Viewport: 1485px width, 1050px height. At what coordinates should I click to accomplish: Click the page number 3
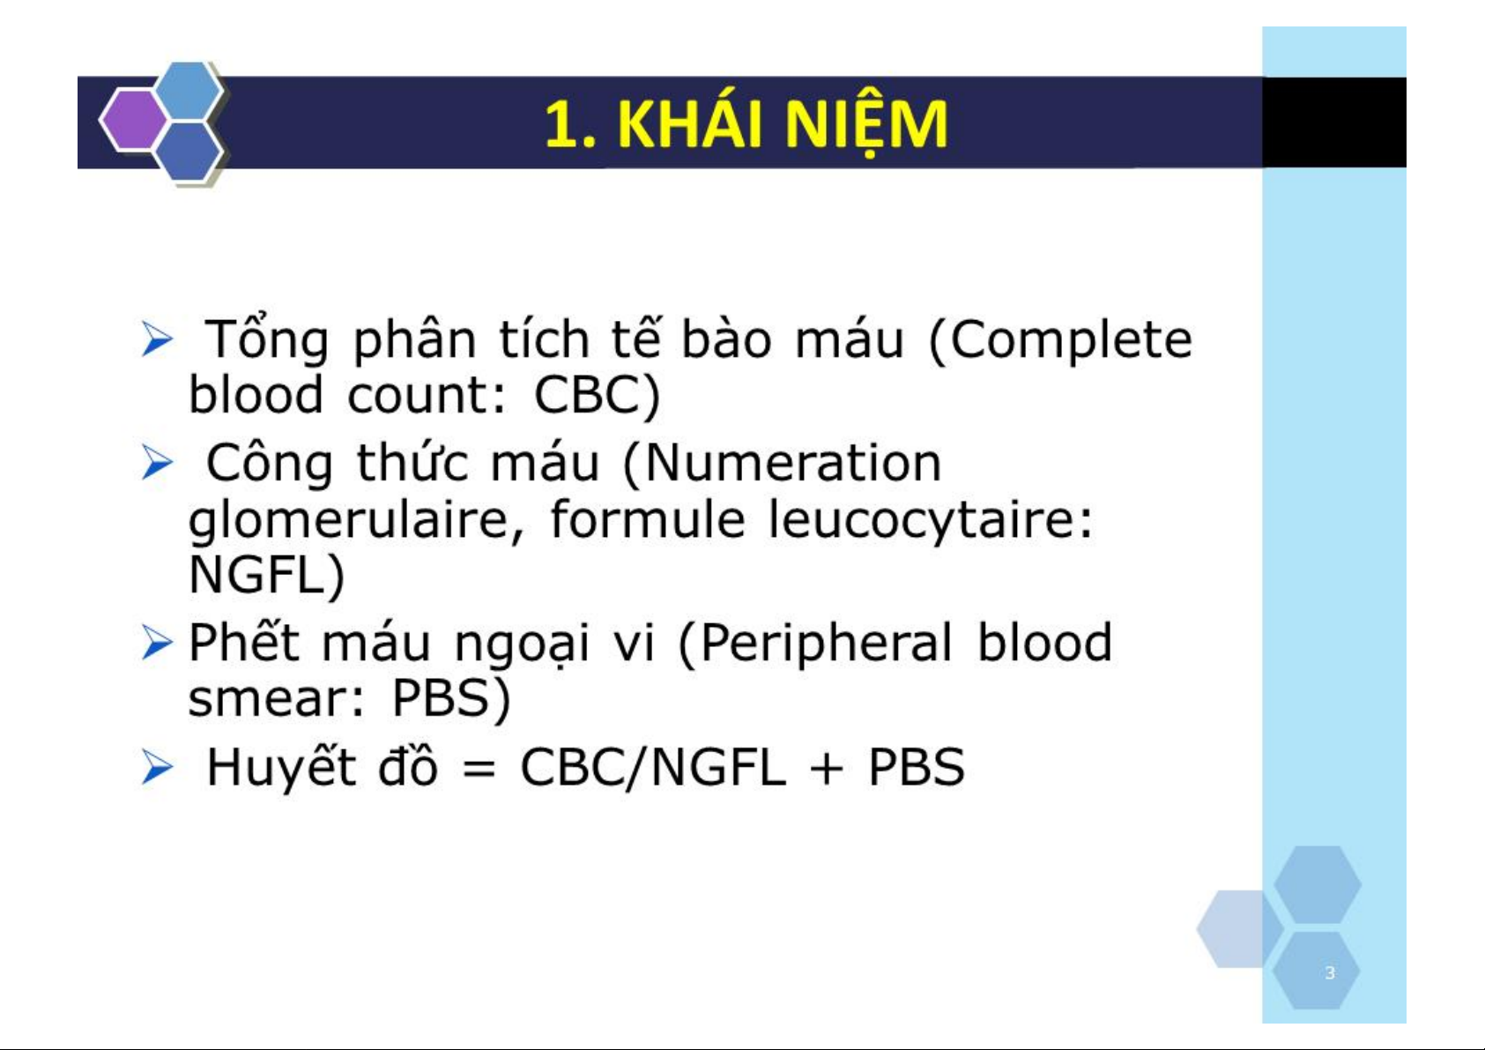pyautogui.click(x=1330, y=972)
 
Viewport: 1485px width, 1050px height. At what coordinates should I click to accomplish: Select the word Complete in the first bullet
pyautogui.click(x=1060, y=339)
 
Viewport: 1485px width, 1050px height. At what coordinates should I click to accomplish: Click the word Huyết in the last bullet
pyautogui.click(x=282, y=766)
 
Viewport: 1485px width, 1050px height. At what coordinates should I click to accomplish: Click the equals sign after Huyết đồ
pyautogui.click(x=479, y=771)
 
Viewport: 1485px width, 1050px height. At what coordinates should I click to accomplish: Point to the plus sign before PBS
pyautogui.click(x=826, y=770)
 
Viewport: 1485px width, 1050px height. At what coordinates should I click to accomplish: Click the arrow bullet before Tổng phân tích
pyautogui.click(x=157, y=340)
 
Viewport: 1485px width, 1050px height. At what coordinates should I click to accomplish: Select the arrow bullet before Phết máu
pyautogui.click(x=157, y=644)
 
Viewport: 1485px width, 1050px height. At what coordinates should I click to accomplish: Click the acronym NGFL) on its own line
pyautogui.click(x=267, y=576)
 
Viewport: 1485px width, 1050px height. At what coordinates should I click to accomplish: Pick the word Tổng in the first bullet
pyautogui.click(x=266, y=339)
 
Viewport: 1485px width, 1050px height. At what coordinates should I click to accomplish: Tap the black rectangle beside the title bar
pyautogui.click(x=1333, y=122)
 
